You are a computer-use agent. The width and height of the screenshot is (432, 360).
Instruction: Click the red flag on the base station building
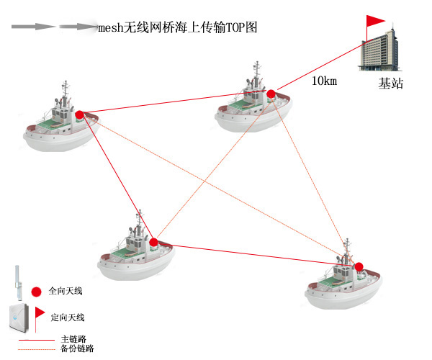pos(375,22)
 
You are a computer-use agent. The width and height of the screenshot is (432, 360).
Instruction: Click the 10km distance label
pos(324,81)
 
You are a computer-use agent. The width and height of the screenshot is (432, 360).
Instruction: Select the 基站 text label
pos(391,84)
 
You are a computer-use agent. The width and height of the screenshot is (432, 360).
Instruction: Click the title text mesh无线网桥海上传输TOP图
pos(177,27)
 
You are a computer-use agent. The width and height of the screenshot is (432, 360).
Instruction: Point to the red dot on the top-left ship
pos(79,114)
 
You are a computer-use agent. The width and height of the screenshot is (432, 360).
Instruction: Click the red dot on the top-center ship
pos(271,94)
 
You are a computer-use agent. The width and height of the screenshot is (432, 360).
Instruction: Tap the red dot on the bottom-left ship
pos(153,242)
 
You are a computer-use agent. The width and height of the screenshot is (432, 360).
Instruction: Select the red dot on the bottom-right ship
pos(359,266)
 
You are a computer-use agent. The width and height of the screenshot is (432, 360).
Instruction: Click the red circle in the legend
pos(36,291)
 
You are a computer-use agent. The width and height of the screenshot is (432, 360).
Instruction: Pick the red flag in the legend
pos(40,312)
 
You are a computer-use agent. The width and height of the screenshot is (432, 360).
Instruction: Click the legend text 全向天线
pos(66,292)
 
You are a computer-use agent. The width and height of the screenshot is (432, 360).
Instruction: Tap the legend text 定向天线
pos(68,317)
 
